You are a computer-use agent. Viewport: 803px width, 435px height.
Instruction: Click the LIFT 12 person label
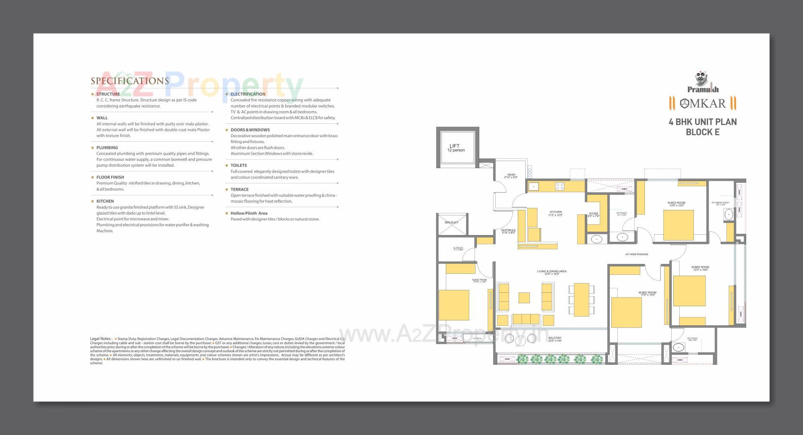pyautogui.click(x=455, y=148)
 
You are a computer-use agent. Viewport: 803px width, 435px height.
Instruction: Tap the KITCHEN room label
pyautogui.click(x=556, y=213)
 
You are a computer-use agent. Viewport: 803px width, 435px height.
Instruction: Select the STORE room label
pyautogui.click(x=593, y=215)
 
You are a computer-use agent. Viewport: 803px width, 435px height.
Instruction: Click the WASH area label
pyautogui.click(x=511, y=176)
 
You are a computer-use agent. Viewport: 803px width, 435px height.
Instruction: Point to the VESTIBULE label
pyautogui.click(x=508, y=231)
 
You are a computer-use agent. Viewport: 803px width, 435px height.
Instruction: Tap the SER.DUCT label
pyautogui.click(x=451, y=223)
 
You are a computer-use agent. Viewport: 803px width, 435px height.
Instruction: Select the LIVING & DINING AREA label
pyautogui.click(x=552, y=272)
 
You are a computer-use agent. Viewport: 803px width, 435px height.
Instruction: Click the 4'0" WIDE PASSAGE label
pyautogui.click(x=636, y=254)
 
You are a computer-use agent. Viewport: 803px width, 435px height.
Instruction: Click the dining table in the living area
pyautogui.click(x=581, y=299)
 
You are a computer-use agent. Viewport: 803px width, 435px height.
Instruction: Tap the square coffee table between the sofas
pyautogui.click(x=524, y=297)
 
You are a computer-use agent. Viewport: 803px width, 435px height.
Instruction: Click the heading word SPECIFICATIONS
pyautogui.click(x=130, y=81)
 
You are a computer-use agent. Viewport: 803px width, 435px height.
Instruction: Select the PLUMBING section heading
pyautogui.click(x=107, y=148)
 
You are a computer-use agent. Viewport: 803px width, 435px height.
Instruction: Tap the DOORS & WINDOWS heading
pyautogui.click(x=250, y=130)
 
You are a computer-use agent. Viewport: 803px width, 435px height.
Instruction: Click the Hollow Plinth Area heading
pyautogui.click(x=249, y=213)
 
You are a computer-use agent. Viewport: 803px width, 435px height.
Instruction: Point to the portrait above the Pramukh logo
pyautogui.click(x=703, y=79)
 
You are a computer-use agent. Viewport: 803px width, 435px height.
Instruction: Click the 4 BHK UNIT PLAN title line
pyautogui.click(x=703, y=122)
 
